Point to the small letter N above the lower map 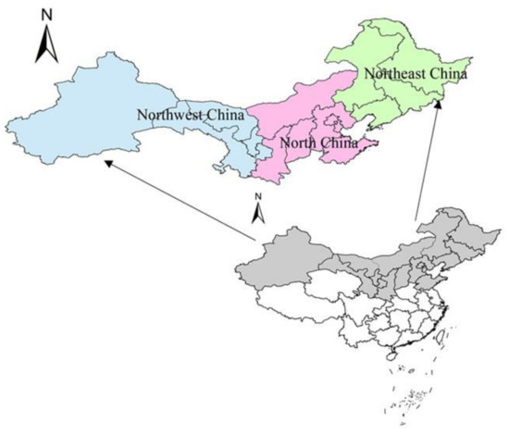(260, 196)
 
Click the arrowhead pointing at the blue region (108, 163)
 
